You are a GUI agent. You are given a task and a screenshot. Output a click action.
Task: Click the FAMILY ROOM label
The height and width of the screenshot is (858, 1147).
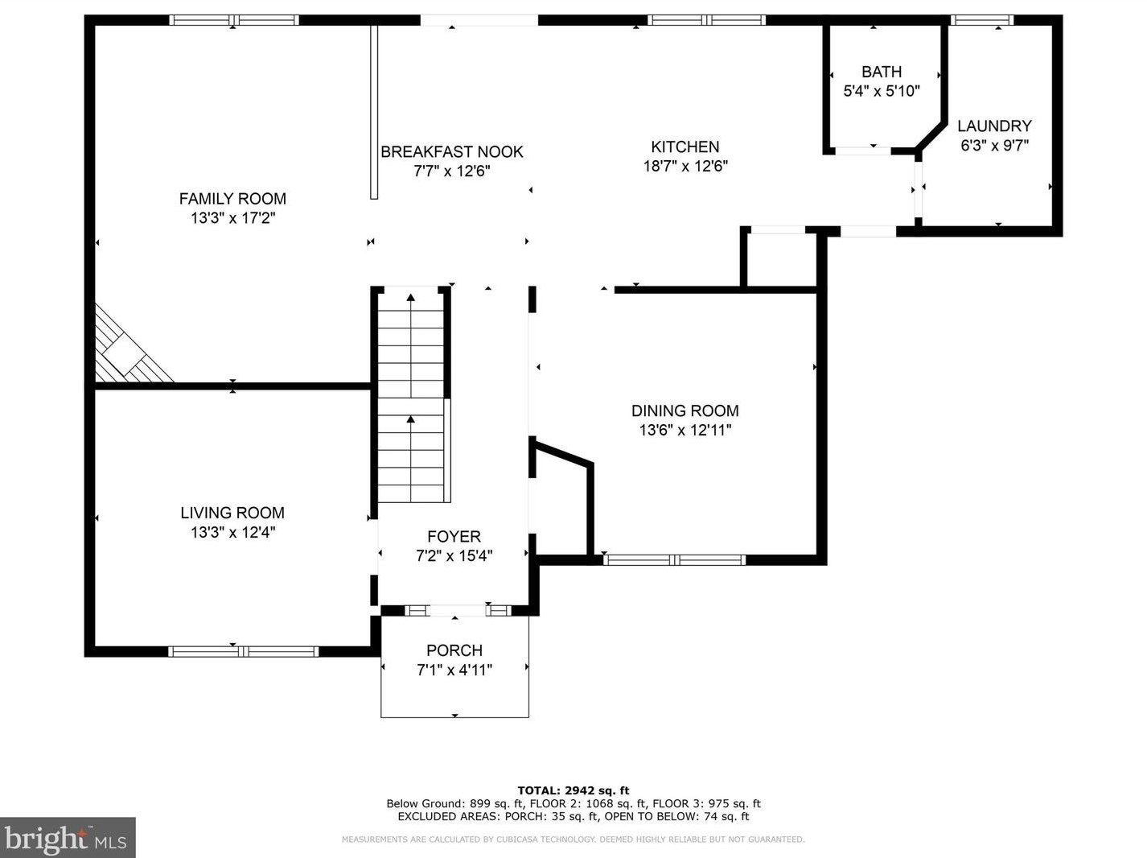232,199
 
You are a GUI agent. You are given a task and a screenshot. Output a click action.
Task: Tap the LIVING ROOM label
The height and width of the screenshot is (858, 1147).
232,513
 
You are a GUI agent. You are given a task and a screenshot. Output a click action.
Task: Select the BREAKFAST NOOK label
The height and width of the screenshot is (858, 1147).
451,151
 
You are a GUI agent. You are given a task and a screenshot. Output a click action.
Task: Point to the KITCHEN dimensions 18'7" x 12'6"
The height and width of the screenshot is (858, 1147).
685,166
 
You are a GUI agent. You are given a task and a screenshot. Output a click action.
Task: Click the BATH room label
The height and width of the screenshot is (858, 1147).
882,71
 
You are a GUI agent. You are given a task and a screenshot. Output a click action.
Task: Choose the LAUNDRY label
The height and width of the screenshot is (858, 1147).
994,126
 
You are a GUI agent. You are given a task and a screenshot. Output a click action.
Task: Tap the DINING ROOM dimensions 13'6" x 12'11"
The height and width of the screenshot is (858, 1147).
685,430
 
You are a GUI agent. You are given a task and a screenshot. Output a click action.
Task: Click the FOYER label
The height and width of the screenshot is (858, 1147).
454,536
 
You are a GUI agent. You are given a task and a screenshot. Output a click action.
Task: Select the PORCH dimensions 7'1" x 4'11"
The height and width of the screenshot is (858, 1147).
454,669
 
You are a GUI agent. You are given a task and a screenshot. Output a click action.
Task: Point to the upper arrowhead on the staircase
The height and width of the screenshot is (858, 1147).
411,298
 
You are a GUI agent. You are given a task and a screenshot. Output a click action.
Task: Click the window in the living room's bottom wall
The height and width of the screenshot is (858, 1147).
244,651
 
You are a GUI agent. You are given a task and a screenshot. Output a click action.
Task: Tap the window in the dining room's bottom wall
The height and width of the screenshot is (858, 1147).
675,560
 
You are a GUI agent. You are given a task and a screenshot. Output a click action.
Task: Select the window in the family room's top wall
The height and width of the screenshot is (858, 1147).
234,20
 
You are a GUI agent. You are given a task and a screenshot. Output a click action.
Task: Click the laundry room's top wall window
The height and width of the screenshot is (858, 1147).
982,20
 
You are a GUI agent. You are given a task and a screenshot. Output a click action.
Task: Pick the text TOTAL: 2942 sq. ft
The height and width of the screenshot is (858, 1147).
573,790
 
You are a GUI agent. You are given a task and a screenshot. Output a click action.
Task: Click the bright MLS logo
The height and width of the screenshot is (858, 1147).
67,838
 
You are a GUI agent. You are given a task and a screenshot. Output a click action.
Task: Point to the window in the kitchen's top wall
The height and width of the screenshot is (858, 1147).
706,20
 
